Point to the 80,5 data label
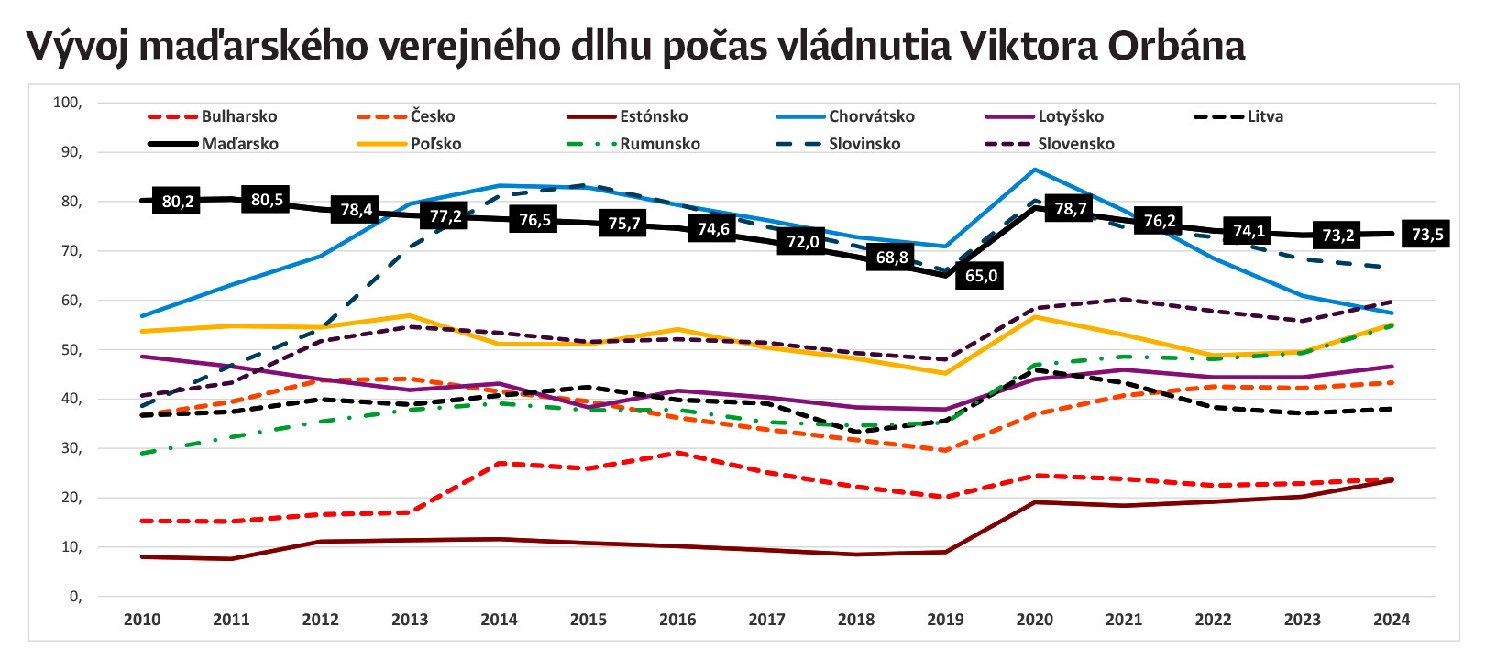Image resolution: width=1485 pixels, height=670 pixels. tap(267, 200)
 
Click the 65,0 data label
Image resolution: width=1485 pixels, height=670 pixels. tap(981, 276)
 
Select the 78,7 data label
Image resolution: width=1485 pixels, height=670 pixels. tap(1070, 209)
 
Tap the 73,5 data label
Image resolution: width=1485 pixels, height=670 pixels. tap(1426, 235)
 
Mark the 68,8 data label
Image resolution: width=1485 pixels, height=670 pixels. tap(891, 258)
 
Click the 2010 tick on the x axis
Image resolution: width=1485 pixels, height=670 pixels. tap(142, 620)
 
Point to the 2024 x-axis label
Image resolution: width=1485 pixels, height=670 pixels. tap(1391, 620)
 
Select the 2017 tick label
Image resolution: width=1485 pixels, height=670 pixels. tap(766, 620)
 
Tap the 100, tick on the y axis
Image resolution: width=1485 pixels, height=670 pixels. tap(68, 103)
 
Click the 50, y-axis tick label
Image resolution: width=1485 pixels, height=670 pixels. tap(71, 350)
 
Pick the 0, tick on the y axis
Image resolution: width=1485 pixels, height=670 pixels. tap(75, 597)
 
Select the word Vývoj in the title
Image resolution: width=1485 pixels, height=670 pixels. tap(77, 46)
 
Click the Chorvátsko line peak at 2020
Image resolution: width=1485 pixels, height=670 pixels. tap(1035, 170)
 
